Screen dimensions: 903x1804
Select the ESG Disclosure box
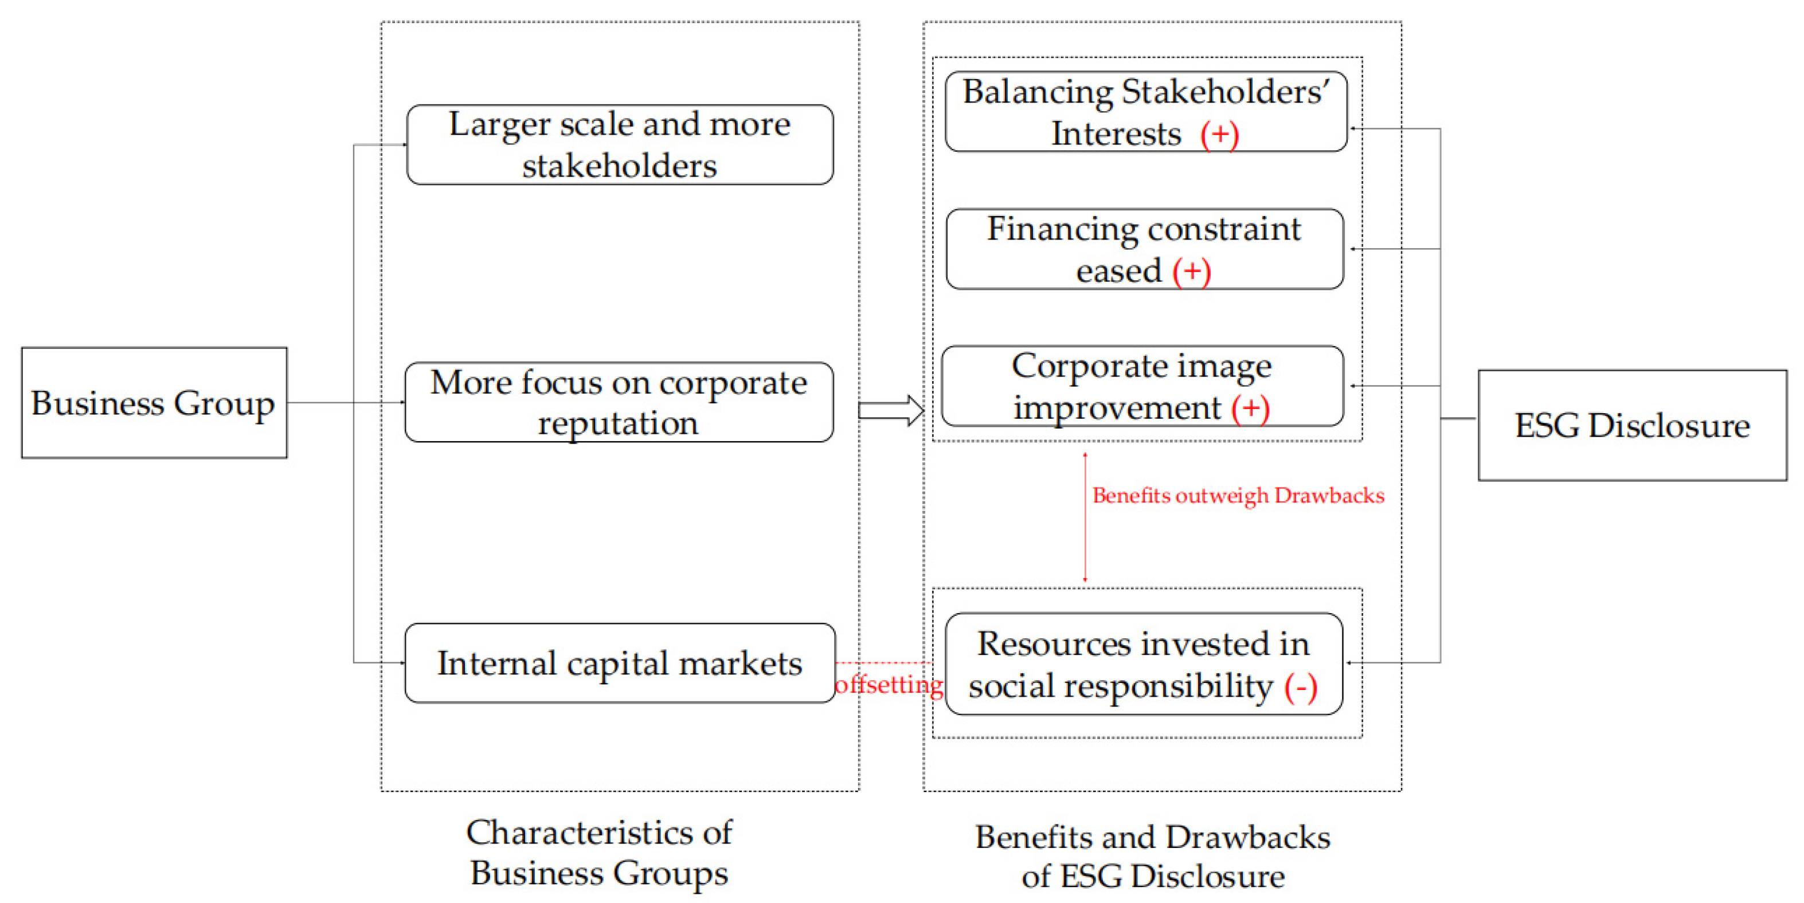(1631, 425)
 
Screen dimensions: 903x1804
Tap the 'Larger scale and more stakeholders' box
(619, 145)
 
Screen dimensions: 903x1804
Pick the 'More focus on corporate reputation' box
(619, 402)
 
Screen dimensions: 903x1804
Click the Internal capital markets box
(619, 663)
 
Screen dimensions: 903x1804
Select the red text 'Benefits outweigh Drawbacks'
(1238, 496)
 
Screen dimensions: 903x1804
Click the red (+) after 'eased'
(1191, 271)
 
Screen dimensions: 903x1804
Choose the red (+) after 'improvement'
(1250, 408)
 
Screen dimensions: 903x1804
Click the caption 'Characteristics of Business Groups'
(599, 852)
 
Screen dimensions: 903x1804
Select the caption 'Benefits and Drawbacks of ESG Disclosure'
(1153, 856)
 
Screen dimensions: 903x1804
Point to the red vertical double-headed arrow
(1085, 518)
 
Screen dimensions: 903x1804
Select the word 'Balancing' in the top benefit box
(1037, 92)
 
